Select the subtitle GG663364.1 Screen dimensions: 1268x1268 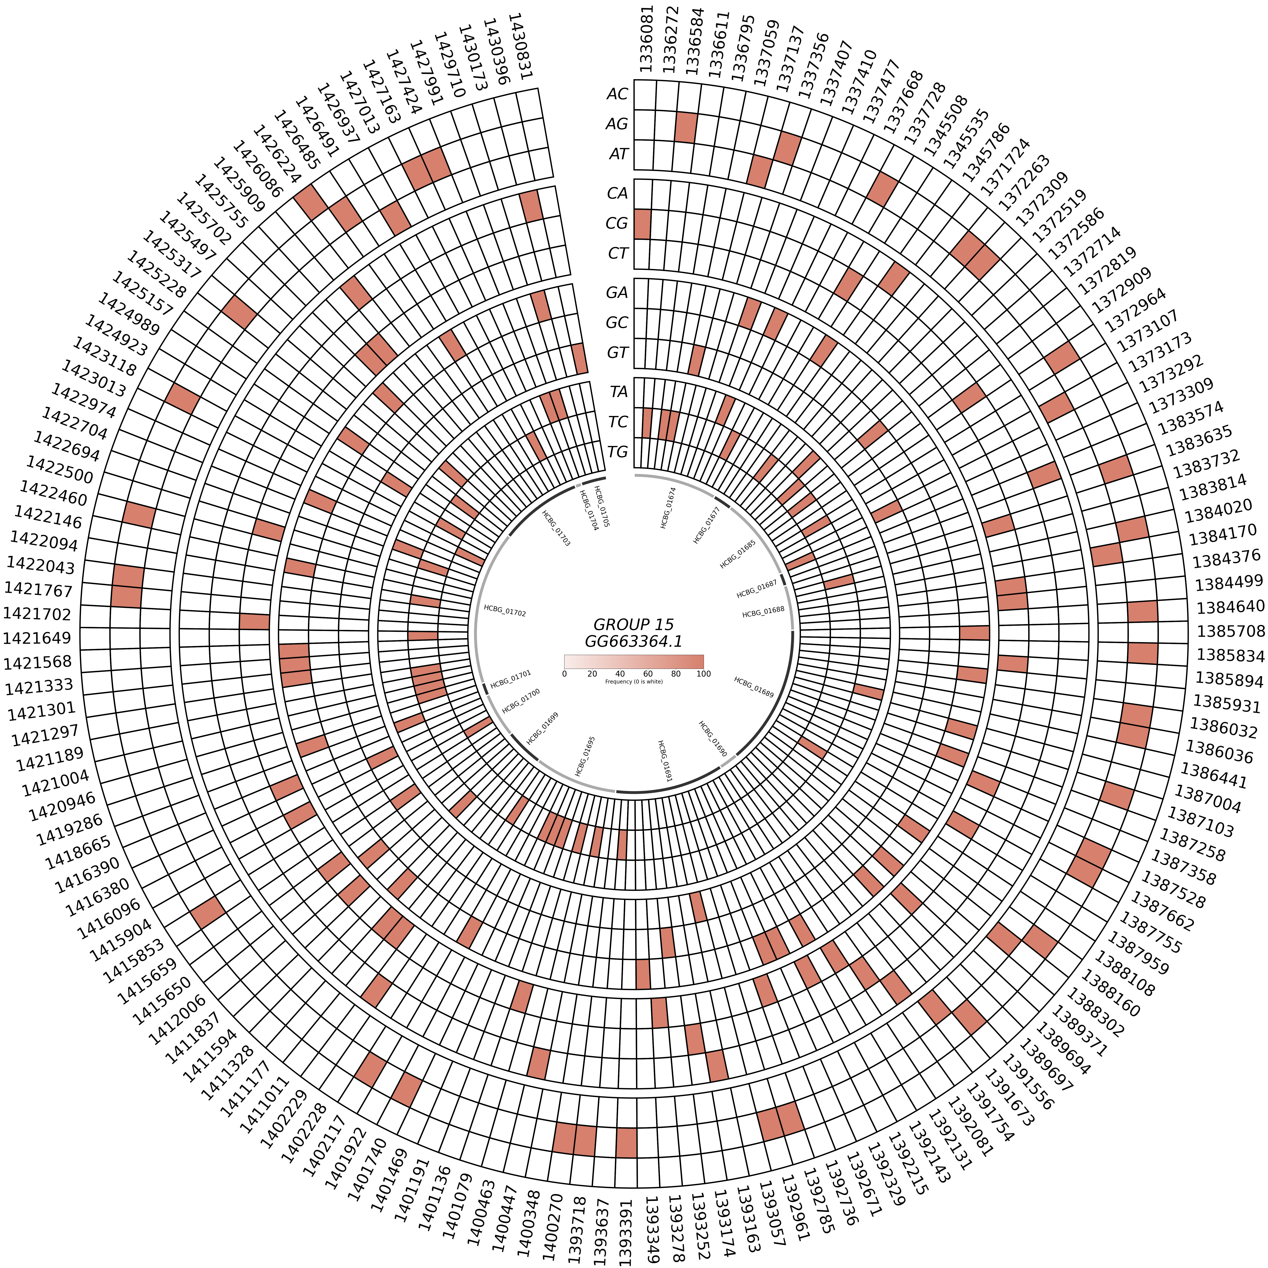[633, 641]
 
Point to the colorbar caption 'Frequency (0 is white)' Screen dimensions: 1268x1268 [633, 682]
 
